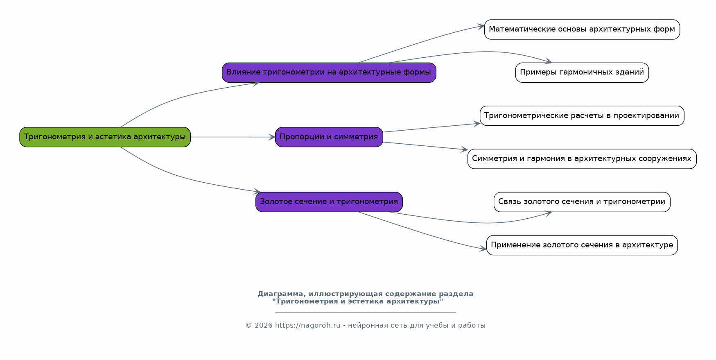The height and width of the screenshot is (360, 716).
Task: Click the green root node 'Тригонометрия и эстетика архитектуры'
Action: (105, 137)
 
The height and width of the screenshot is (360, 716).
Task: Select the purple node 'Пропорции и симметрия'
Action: (329, 137)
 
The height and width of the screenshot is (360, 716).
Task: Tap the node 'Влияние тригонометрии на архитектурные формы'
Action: (329, 72)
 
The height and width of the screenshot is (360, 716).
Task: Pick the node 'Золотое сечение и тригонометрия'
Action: (329, 202)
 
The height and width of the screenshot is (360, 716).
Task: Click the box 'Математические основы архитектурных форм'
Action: (582, 29)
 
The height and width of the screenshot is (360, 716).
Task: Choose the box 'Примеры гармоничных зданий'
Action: (582, 72)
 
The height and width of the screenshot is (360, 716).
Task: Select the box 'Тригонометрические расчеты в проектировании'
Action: (582, 115)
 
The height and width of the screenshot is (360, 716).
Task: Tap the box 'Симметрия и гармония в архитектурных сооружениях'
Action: (582, 159)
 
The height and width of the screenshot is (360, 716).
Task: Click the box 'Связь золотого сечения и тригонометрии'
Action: (582, 202)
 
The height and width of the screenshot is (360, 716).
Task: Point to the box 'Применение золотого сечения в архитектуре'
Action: (582, 245)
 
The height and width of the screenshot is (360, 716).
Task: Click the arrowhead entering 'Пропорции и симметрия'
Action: (272, 137)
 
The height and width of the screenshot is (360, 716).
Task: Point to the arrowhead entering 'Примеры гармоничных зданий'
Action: (549, 62)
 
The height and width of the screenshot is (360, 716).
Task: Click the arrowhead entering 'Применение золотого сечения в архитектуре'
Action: (483, 248)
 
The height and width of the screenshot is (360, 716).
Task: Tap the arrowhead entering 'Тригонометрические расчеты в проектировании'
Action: (477, 123)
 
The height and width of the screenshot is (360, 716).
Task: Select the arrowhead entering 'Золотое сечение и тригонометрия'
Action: (257, 191)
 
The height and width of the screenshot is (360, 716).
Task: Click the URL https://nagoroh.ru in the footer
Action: (307, 326)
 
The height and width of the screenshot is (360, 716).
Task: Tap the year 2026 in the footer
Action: (263, 326)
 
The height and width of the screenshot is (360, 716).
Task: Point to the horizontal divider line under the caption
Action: (365, 312)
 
